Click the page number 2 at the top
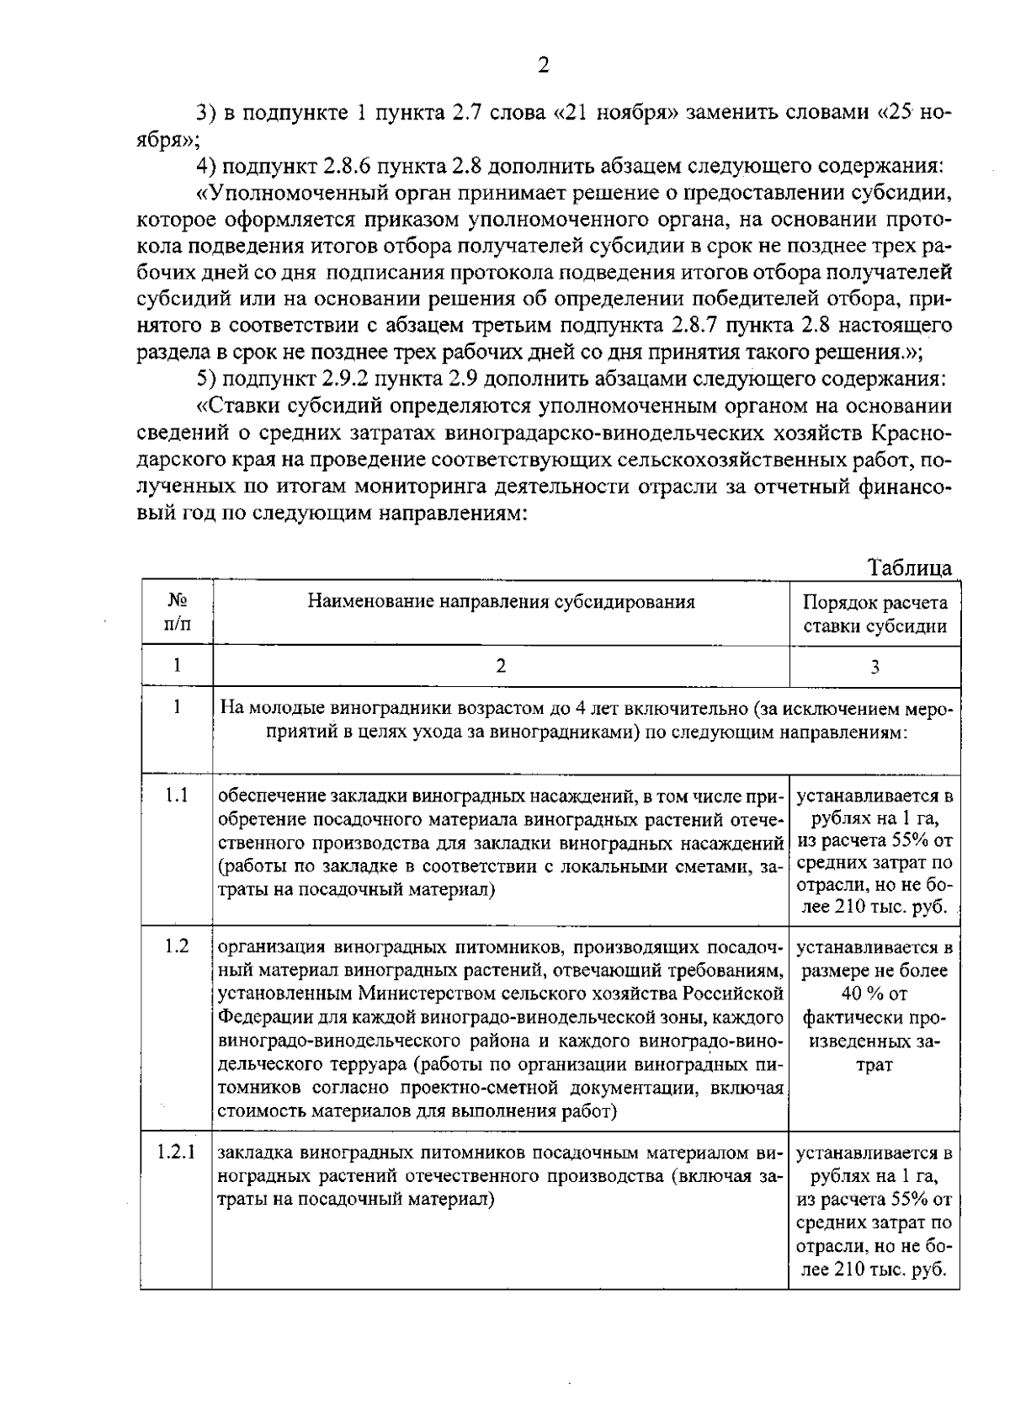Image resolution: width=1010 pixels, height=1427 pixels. tap(543, 67)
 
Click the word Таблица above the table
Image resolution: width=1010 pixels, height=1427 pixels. tap(911, 567)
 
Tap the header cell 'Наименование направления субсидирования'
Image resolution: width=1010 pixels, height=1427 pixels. tap(501, 601)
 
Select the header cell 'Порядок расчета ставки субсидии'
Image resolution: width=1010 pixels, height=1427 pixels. tap(874, 614)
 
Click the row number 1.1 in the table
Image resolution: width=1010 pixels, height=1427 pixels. tap(177, 796)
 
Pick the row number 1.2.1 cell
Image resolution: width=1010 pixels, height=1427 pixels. tap(177, 1151)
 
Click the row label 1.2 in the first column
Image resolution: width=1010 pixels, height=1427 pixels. tap(177, 946)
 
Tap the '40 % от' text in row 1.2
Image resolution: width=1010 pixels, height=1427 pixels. tap(874, 994)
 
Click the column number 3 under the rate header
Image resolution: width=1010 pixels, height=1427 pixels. tap(874, 667)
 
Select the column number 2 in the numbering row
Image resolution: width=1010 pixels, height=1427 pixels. tap(501, 666)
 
